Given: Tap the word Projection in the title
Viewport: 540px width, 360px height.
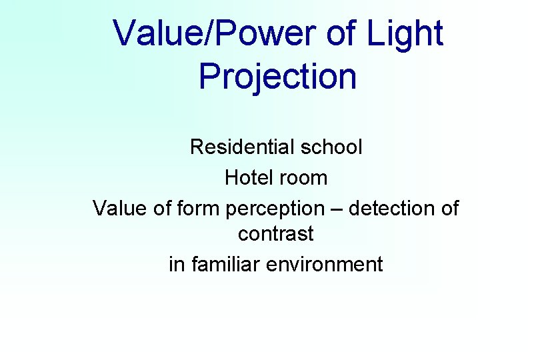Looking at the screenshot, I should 277,77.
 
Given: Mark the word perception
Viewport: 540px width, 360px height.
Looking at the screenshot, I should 274,209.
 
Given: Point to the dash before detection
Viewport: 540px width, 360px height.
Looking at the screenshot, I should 337,209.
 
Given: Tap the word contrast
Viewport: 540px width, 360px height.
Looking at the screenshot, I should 276,235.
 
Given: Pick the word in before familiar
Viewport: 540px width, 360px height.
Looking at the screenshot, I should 177,264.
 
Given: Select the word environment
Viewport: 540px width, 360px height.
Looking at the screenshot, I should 325,264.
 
